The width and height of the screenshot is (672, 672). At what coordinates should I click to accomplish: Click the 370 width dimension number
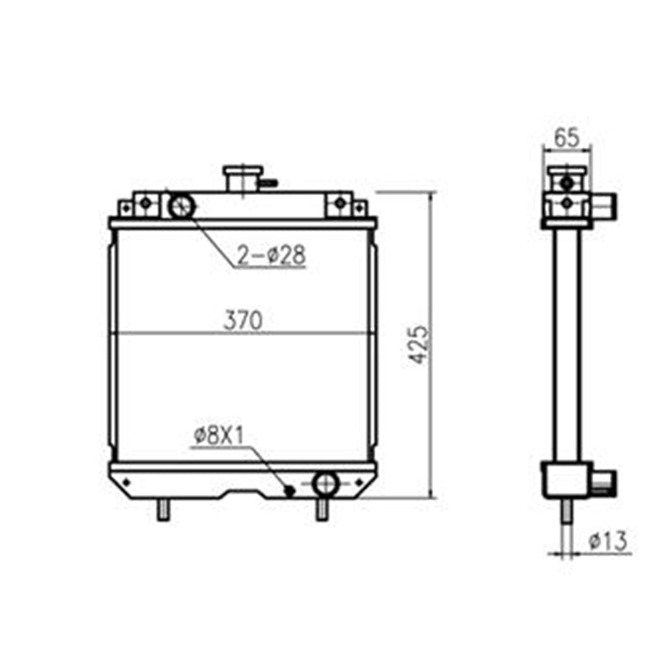244,320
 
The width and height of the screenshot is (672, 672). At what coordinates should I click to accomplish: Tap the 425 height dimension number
420,344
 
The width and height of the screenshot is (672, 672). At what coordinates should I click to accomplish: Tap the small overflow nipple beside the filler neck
268,181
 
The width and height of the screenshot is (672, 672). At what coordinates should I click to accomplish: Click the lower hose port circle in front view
325,483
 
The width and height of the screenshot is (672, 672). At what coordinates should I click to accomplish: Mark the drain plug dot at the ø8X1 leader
290,490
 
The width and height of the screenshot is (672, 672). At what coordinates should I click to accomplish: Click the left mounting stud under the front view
164,509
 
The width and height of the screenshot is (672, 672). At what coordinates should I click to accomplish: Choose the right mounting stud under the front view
321,509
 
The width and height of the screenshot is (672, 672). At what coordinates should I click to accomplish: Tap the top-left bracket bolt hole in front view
145,202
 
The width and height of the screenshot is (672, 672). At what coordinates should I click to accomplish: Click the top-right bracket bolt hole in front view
339,202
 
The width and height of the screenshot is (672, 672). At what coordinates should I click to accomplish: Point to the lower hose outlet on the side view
603,482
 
